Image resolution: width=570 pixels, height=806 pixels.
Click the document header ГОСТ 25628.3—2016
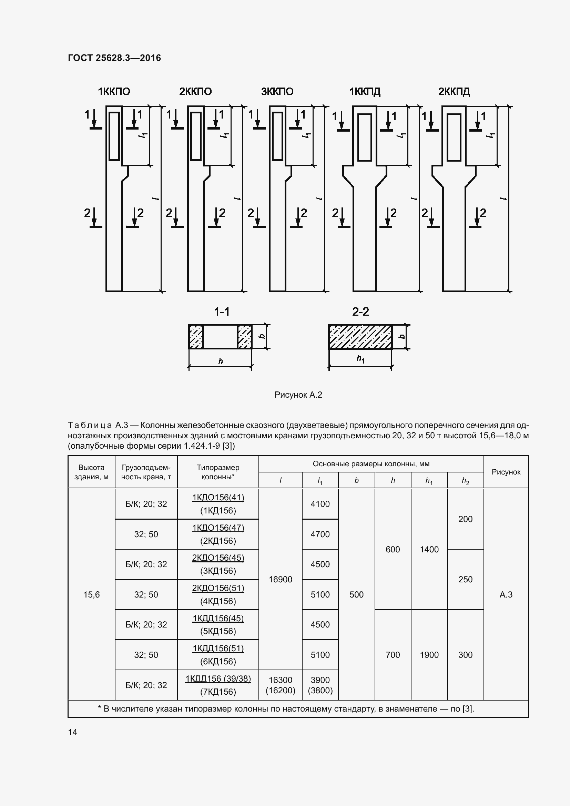[114, 58]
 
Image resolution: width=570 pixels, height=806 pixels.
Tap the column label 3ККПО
[277, 92]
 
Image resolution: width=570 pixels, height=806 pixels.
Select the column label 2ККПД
[454, 92]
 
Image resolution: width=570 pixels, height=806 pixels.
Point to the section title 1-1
[222, 312]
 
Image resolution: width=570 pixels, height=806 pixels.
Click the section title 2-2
[360, 312]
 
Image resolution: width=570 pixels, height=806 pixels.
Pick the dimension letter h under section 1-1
[221, 361]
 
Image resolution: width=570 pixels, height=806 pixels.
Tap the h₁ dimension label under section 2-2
[360, 359]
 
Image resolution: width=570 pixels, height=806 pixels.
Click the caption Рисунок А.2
[298, 395]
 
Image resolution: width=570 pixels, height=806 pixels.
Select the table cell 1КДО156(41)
[218, 498]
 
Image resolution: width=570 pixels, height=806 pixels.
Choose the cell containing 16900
[281, 579]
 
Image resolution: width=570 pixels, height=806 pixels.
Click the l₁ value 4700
[320, 534]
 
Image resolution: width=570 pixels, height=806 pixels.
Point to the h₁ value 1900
[429, 655]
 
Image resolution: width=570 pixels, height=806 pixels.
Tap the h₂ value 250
[465, 579]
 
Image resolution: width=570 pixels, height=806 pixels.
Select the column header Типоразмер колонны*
[218, 472]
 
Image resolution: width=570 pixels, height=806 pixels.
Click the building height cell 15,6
[92, 594]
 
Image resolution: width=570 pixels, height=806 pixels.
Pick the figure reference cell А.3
[506, 594]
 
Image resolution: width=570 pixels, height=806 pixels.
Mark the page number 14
[73, 732]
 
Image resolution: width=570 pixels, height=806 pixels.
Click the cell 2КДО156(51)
[218, 588]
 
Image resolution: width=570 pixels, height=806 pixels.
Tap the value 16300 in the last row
[281, 680]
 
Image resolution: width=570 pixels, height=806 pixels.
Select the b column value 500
[356, 594]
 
